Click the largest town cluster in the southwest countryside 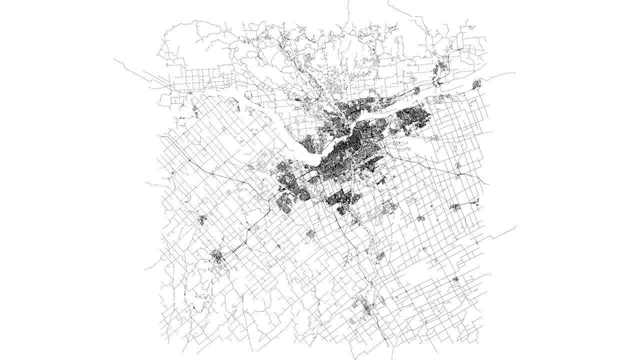click(218, 257)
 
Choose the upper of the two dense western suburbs click(285, 172)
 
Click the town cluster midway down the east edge click(456, 206)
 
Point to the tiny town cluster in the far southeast click(455, 279)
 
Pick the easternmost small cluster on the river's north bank click(476, 83)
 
